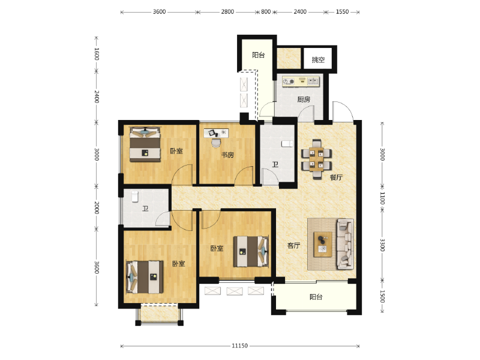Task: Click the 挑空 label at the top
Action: pos(318,60)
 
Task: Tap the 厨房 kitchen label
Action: pos(304,100)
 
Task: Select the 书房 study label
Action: pos(227,155)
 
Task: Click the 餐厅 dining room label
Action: pos(336,177)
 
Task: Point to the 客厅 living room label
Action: pos(293,245)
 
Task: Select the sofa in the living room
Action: pos(345,244)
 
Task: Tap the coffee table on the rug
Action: pos(323,244)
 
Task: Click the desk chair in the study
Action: pos(216,142)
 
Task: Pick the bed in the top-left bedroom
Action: pos(145,145)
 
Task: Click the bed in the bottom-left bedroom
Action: pos(145,276)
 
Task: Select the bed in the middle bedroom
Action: pos(250,251)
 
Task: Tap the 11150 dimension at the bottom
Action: pos(240,346)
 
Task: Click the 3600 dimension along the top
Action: pos(159,11)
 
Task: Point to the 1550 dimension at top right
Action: pos(343,11)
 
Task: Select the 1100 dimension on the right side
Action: pos(382,199)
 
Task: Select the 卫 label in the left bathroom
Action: pos(145,209)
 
